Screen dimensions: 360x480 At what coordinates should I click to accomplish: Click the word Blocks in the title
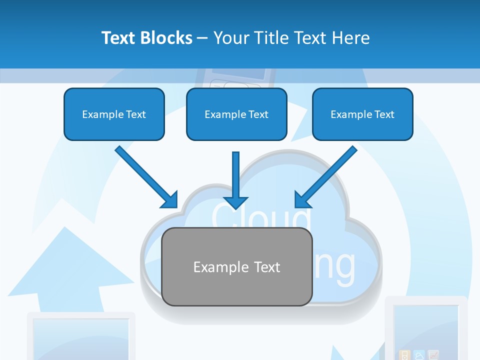point(166,38)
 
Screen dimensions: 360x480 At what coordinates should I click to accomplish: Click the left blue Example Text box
point(114,114)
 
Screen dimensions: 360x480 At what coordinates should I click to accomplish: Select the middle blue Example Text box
point(236,114)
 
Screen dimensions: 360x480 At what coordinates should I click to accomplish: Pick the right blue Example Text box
point(362,114)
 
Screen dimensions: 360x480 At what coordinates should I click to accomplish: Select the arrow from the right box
point(327,175)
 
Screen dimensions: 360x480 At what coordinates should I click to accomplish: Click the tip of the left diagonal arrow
point(176,206)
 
